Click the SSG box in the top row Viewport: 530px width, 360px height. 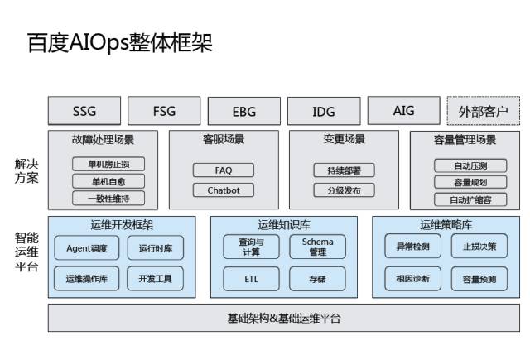(84, 111)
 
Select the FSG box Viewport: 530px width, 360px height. (164, 111)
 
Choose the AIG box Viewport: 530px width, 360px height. (403, 111)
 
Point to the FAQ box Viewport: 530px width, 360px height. (224, 170)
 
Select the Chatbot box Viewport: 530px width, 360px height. (224, 190)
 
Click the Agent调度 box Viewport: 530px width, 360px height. (87, 247)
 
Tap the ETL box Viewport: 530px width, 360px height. (252, 279)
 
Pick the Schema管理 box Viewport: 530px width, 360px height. (317, 247)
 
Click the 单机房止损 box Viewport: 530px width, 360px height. (108, 164)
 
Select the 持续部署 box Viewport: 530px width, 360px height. (344, 170)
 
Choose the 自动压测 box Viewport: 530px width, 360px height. (470, 166)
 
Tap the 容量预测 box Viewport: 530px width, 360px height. (479, 280)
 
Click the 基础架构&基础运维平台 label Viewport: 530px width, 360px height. (283, 319)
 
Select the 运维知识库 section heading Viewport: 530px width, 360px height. (284, 225)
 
